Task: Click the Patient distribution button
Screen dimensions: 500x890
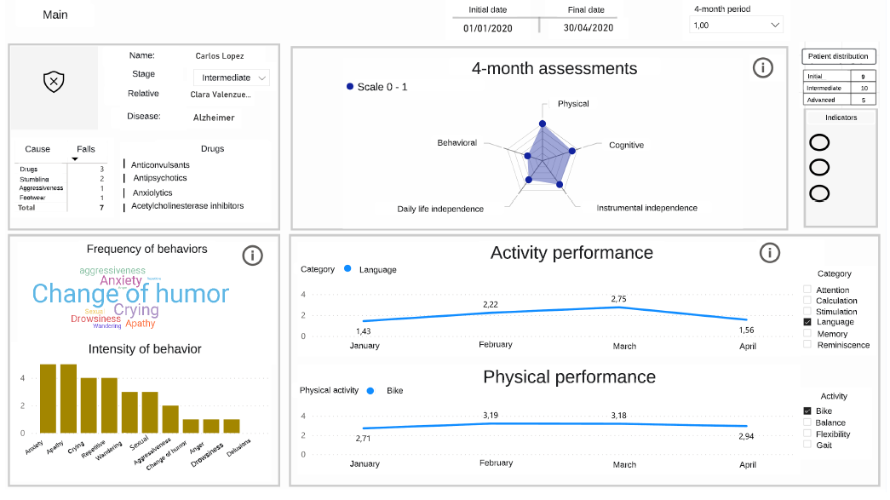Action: pos(838,56)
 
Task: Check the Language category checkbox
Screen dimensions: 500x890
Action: pos(807,323)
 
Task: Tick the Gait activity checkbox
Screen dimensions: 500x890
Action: pos(807,445)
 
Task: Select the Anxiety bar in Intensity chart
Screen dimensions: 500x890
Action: pos(49,399)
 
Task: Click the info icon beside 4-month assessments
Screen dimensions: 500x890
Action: pos(763,68)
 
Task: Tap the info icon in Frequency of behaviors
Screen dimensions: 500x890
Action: pos(252,255)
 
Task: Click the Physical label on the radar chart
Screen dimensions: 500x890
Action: pos(573,104)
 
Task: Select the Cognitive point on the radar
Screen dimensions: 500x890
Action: pos(571,151)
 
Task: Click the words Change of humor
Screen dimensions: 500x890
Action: pos(130,294)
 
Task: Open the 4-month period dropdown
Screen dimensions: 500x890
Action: pos(738,26)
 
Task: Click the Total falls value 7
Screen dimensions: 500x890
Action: pos(101,208)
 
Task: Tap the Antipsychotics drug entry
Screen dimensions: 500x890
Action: pos(160,178)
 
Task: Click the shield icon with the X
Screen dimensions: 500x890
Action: pos(54,81)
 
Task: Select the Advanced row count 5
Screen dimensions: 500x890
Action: pos(864,100)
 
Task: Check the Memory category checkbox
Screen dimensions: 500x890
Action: pos(807,334)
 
